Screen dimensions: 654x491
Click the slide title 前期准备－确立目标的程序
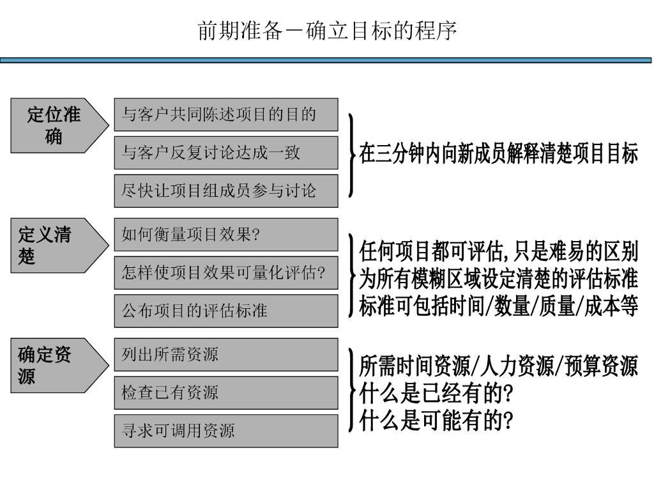point(327,31)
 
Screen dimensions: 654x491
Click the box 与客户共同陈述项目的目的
point(226,115)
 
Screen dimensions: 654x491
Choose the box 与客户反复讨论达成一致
point(226,153)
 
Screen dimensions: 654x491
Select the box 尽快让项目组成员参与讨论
point(226,191)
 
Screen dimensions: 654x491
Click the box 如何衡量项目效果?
point(226,235)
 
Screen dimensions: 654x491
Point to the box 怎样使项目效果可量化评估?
point(226,273)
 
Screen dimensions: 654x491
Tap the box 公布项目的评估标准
point(226,311)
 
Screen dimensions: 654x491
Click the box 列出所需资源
point(226,354)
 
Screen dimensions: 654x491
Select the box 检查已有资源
point(226,393)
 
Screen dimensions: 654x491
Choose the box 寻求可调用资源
point(226,430)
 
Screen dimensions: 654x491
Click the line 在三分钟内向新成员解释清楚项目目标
point(498,154)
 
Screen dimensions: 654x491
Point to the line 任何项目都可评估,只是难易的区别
point(498,251)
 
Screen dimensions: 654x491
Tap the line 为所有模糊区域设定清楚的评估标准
point(498,279)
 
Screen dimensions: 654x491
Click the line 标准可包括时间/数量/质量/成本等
point(498,307)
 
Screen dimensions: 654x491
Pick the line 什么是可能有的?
point(437,421)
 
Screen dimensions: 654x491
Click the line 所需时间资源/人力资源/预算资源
point(498,366)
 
